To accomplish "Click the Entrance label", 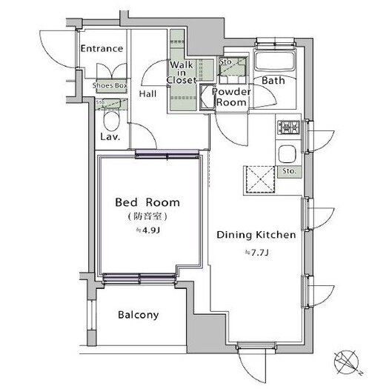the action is click(x=102, y=48).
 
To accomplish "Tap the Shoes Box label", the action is click(x=110, y=86).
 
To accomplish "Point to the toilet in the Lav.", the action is click(x=111, y=121).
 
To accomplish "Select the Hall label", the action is click(x=147, y=94).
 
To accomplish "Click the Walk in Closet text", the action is click(x=182, y=73).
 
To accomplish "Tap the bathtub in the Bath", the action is click(x=275, y=61).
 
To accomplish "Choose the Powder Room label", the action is click(x=231, y=97).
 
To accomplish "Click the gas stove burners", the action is click(x=288, y=127).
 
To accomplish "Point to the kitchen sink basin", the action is click(x=287, y=154).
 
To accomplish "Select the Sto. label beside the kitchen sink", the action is click(x=289, y=171).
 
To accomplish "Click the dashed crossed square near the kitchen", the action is click(x=260, y=179).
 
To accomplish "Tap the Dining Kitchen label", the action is click(x=256, y=235).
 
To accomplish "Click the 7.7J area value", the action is click(x=257, y=253).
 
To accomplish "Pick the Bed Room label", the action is click(x=147, y=202).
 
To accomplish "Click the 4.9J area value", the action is click(x=147, y=230).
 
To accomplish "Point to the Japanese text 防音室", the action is click(x=147, y=216).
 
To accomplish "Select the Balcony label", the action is click(x=139, y=315).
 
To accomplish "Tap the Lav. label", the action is click(x=110, y=136).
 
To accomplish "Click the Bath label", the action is click(x=273, y=80).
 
